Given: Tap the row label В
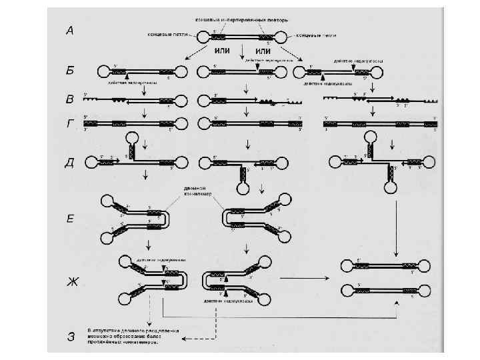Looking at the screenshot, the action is tap(70, 101).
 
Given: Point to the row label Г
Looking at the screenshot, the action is tap(69, 123).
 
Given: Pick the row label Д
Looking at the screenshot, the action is tap(70, 164).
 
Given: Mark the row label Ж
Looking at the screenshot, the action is tap(70, 279).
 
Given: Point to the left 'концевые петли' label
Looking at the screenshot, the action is tap(163, 35).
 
